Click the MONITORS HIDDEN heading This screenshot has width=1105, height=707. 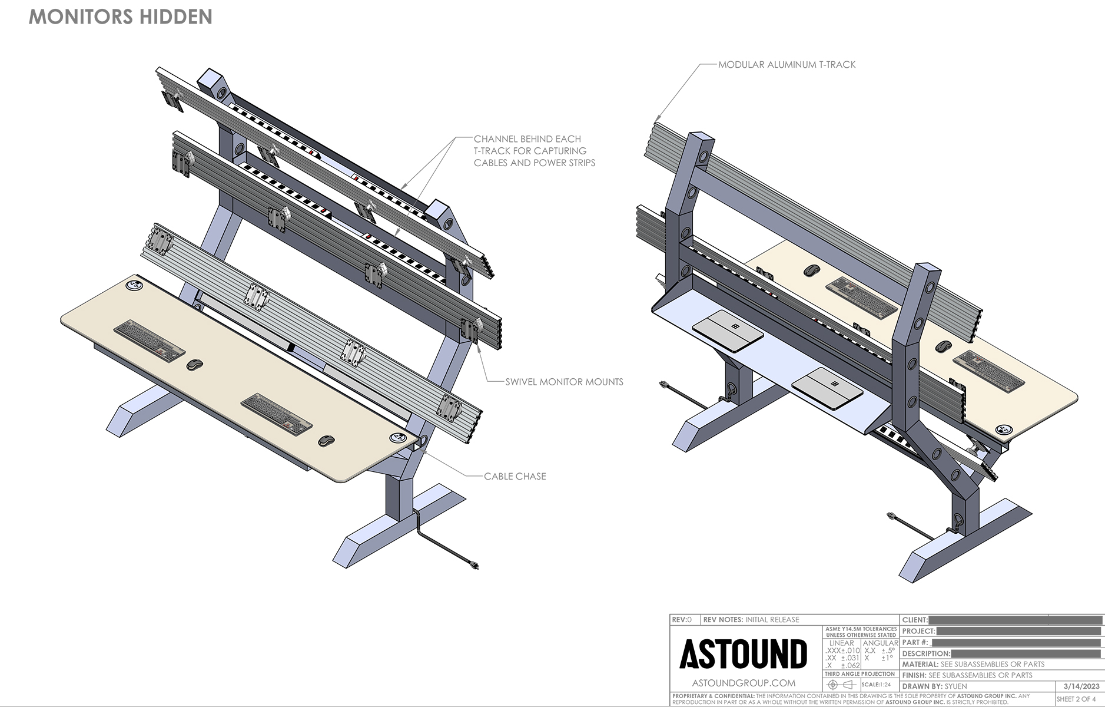click(x=120, y=16)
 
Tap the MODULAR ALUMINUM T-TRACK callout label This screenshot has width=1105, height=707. click(x=787, y=65)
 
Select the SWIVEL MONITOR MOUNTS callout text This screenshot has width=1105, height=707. click(x=564, y=382)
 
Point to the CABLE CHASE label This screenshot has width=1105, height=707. click(x=515, y=476)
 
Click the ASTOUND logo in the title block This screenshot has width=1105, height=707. click(x=744, y=654)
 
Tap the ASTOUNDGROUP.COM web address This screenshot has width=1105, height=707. click(x=744, y=683)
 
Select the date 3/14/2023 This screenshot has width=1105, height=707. click(x=1081, y=686)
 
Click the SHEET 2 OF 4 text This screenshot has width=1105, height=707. click(x=1076, y=699)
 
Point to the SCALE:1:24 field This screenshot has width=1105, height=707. click(x=876, y=685)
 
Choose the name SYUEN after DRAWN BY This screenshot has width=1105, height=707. click(x=955, y=686)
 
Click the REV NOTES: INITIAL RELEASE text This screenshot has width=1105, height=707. click(x=751, y=620)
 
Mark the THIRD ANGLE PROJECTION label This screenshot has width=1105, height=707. click(x=860, y=674)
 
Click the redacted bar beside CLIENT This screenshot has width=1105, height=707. click(x=1015, y=620)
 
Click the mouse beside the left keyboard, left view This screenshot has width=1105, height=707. click(x=195, y=365)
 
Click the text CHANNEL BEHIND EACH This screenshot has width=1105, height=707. click(x=527, y=139)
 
